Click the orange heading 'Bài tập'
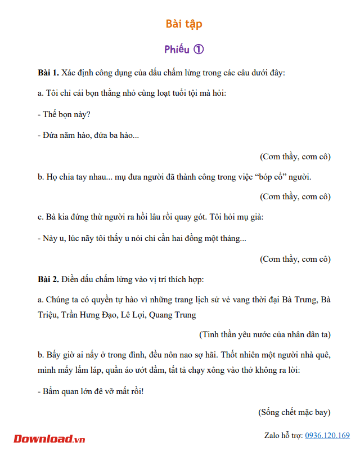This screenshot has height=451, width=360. pos(184,24)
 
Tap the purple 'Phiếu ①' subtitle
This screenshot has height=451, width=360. pos(184,49)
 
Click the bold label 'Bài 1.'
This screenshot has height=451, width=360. pos(48,73)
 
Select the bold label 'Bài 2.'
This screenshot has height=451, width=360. pos(48,279)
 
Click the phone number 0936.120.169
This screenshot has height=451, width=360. pos(327,435)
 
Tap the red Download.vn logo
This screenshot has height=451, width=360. pos(49,438)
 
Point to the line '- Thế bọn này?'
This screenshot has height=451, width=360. pos(64,114)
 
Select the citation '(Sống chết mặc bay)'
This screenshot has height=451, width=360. pos(294,412)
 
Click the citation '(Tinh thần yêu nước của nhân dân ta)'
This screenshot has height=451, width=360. pos(265,334)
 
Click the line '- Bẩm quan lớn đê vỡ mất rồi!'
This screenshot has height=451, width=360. pos(91,391)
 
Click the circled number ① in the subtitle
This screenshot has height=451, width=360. pos(198,49)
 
